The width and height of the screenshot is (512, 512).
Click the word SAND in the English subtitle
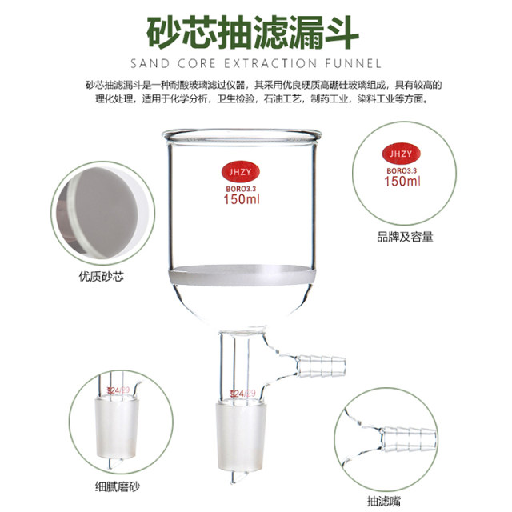152,63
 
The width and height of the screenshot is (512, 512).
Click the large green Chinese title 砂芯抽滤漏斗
255,30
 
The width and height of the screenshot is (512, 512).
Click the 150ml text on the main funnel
240,200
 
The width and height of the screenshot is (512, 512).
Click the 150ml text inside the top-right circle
402,182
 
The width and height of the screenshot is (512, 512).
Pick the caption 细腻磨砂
114,485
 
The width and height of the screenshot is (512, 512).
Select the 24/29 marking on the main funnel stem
242,394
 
